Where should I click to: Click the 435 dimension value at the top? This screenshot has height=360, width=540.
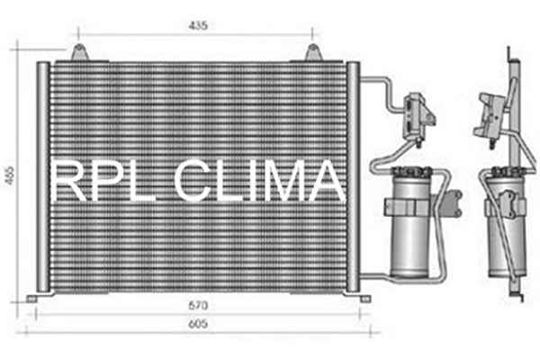click(198, 26)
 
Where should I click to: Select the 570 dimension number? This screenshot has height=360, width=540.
click(198, 305)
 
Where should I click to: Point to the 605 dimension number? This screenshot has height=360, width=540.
click(198, 323)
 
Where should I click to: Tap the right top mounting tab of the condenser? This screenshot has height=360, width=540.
click(312, 53)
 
